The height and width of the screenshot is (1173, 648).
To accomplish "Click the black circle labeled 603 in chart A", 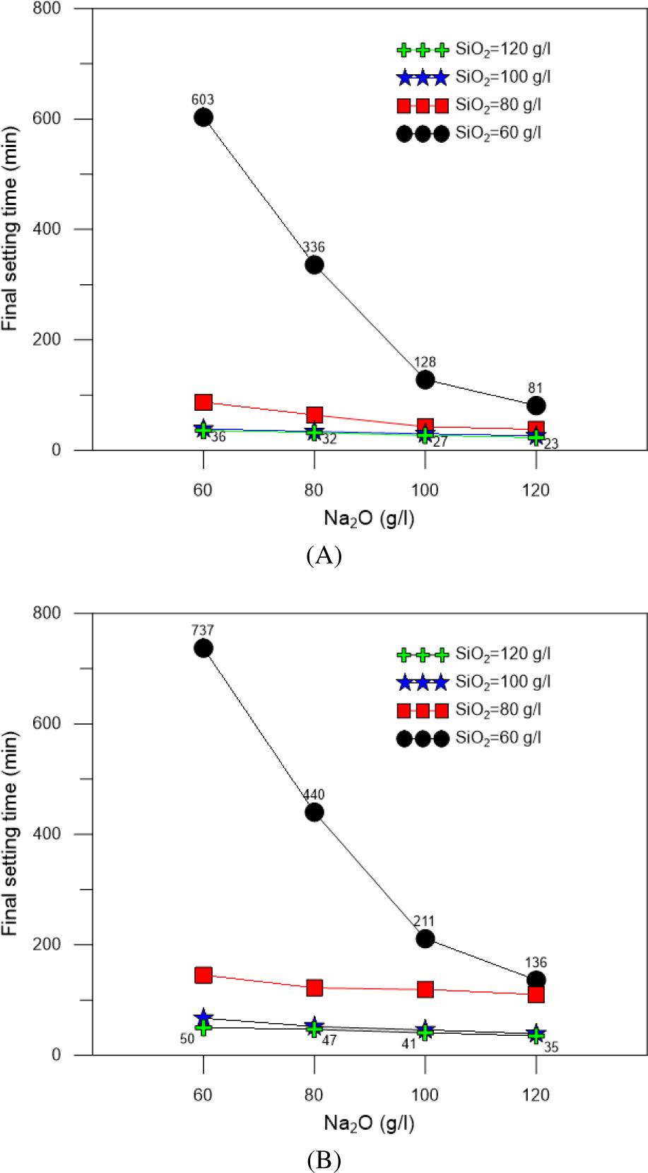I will point(204,117).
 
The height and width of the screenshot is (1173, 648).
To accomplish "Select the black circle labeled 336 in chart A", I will point(314,265).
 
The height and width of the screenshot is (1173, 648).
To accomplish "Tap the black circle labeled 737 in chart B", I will point(204,648).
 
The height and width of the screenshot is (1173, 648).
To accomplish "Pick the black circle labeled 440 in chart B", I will point(314,812).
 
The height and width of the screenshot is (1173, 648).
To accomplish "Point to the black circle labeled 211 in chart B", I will point(425,939).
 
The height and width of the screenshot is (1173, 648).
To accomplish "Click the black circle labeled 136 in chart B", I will point(536,980).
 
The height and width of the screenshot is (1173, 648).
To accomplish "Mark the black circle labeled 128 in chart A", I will point(425,380).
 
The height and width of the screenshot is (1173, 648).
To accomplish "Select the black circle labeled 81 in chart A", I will point(536,406).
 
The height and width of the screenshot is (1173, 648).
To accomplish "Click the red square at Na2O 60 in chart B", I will point(204,975).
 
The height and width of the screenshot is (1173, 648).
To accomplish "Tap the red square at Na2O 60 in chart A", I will point(204,402).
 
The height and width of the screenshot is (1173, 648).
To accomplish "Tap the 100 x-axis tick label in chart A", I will point(425,490).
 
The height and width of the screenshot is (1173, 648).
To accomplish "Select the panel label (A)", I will point(324,556).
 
